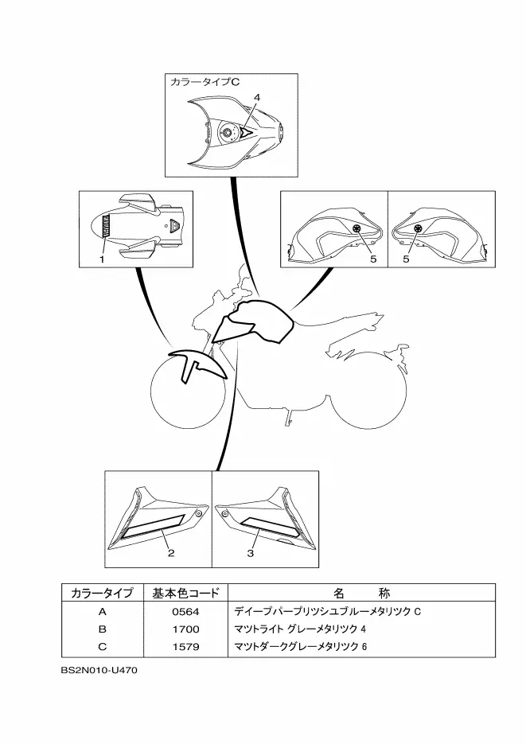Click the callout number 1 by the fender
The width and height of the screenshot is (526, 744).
[102, 259]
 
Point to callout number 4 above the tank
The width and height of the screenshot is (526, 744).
[257, 96]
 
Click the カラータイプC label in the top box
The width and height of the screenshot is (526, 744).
[201, 81]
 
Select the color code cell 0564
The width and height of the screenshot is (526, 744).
[185, 612]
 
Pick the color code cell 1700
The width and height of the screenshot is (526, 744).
[185, 629]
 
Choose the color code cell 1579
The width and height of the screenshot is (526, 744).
[185, 645]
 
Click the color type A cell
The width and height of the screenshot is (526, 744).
[102, 612]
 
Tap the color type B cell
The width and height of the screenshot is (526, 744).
[102, 629]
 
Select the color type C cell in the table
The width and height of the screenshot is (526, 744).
[102, 645]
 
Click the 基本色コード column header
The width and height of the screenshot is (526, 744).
[185, 593]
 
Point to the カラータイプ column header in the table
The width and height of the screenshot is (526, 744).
[102, 593]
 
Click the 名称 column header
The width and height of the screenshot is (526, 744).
[361, 593]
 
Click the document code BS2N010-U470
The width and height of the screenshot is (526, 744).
[99, 671]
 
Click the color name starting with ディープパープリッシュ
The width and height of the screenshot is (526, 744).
[326, 612]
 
